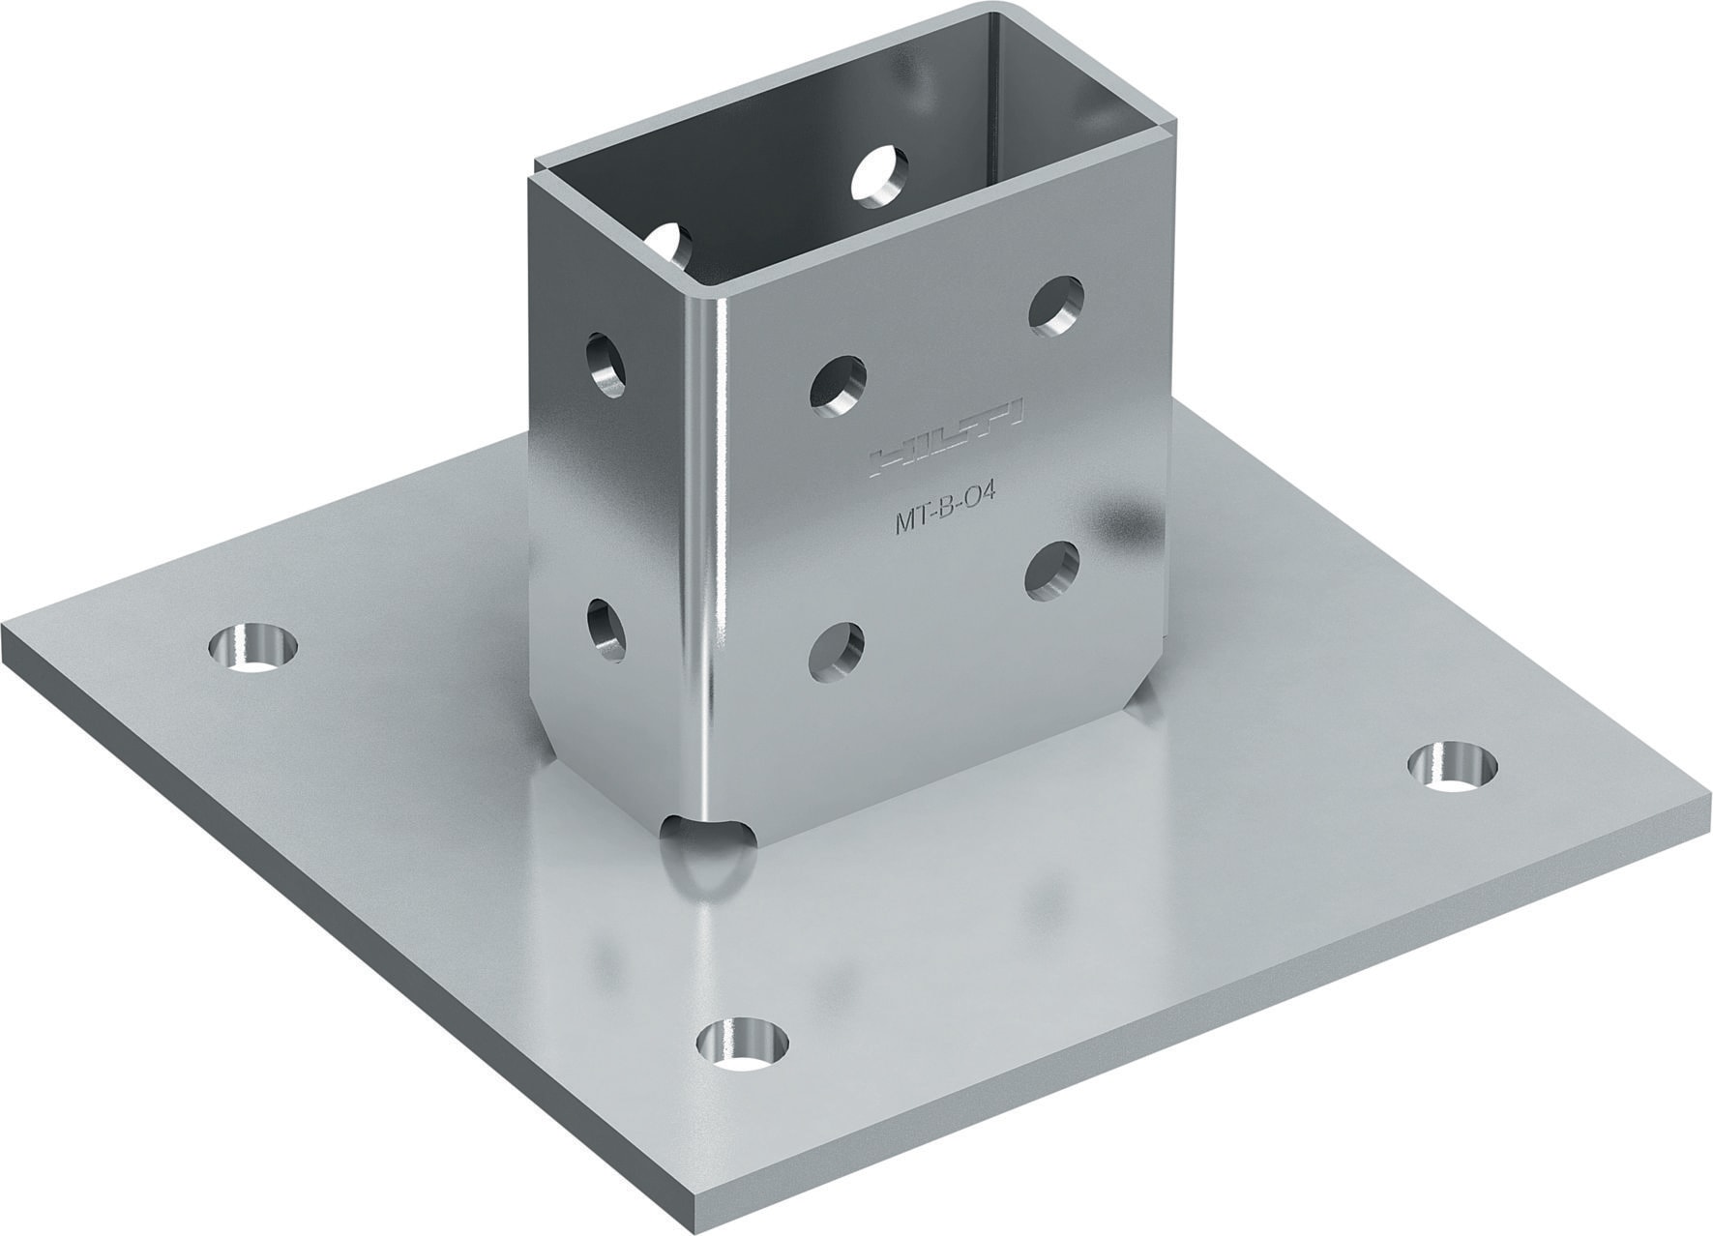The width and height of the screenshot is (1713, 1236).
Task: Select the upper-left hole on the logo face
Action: [838, 387]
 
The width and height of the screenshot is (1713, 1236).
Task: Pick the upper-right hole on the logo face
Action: [1055, 307]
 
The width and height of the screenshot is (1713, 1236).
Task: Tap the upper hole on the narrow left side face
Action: [606, 365]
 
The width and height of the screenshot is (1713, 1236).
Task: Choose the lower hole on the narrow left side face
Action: [606, 631]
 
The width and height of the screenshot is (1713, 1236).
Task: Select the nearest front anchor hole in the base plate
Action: [743, 1045]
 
